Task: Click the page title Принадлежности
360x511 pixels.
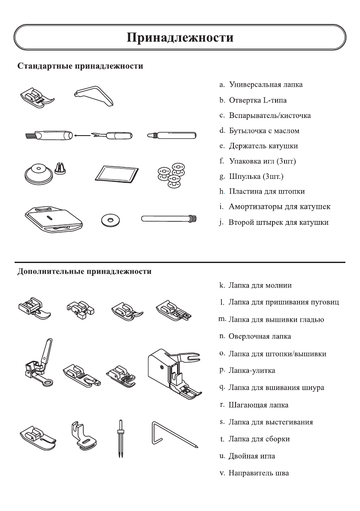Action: click(x=180, y=37)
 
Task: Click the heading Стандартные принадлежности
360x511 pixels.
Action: click(x=80, y=67)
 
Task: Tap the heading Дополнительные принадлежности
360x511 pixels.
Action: click(x=84, y=272)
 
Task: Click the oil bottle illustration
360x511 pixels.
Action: click(x=171, y=136)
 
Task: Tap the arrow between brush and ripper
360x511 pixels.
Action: click(x=82, y=136)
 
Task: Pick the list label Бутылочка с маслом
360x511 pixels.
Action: click(x=264, y=131)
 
